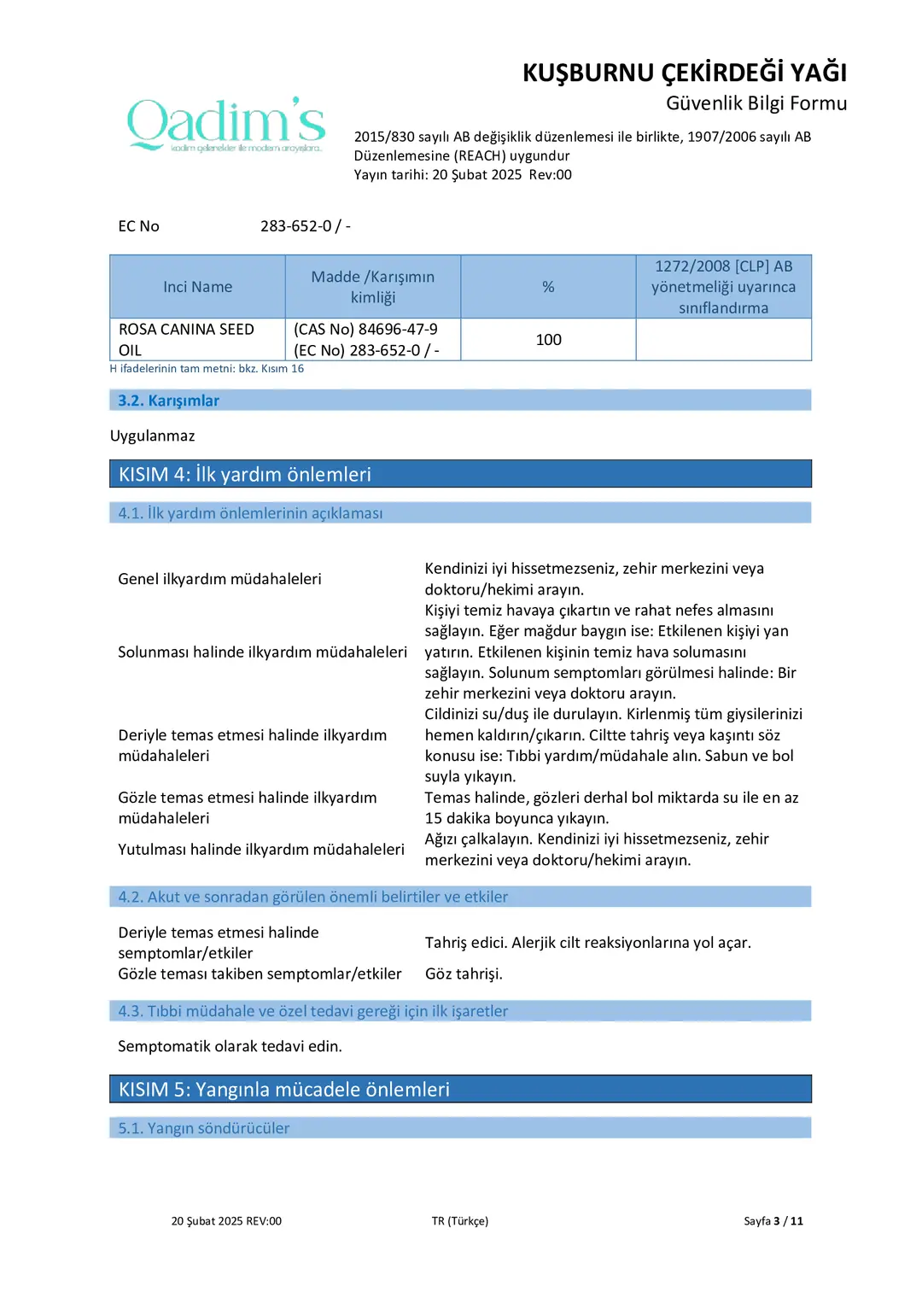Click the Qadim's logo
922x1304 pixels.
click(x=226, y=125)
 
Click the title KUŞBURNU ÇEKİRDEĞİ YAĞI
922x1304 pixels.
click(x=684, y=73)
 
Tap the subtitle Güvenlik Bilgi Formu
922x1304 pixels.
click(x=756, y=103)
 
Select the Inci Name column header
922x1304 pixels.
click(x=197, y=287)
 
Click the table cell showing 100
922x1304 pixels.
click(x=548, y=340)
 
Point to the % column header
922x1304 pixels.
click(x=548, y=287)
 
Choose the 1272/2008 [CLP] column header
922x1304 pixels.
click(x=723, y=287)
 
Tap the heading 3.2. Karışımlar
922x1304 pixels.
click(x=168, y=401)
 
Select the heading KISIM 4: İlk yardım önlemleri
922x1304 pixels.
click(x=245, y=475)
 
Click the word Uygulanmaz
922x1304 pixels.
click(x=152, y=436)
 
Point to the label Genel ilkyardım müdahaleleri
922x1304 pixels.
click(x=219, y=579)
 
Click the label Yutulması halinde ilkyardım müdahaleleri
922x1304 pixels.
click(x=260, y=850)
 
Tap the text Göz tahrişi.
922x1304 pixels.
click(x=464, y=974)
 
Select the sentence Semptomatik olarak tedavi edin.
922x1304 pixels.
click(x=230, y=1047)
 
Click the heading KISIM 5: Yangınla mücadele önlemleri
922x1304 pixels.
click(x=283, y=1090)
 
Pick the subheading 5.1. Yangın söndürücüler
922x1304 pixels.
click(x=204, y=1128)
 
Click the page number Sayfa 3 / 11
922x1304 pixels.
click(x=773, y=1221)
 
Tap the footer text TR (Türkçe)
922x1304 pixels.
click(x=460, y=1221)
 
